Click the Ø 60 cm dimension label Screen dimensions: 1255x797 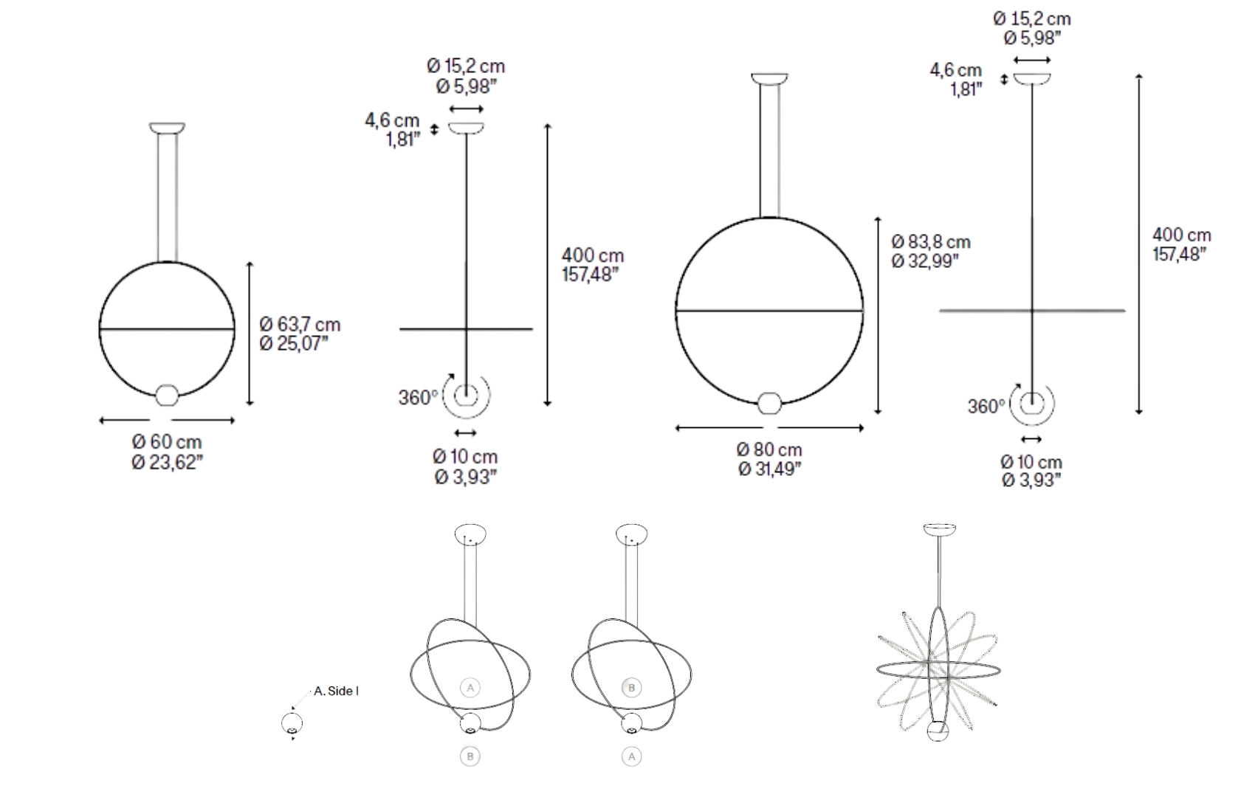167,442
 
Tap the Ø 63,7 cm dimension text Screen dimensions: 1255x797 300,324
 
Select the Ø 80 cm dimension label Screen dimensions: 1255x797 769,449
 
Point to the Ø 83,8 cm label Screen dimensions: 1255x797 931,242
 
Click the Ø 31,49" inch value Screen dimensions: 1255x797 769,469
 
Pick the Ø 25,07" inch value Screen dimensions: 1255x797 294,344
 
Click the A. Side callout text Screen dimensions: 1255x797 336,691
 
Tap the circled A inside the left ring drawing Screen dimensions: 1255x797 470,688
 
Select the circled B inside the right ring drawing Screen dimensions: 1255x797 631,688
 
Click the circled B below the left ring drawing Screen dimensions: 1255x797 470,756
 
